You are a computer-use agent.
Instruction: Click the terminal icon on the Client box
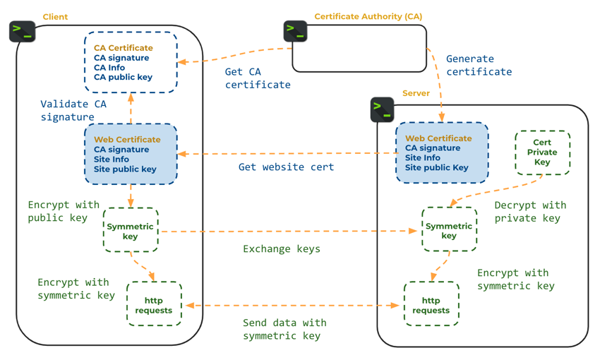click(22, 31)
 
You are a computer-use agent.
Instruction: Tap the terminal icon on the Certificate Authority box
click(295, 31)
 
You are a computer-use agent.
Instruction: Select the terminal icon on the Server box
click(382, 109)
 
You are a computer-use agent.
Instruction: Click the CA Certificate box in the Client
click(131, 62)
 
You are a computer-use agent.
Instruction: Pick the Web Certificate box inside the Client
click(131, 154)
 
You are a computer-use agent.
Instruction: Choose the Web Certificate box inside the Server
click(442, 152)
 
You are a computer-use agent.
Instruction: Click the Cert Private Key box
click(542, 152)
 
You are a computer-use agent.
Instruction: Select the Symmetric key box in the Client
click(131, 230)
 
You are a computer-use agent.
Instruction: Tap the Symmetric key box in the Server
click(449, 230)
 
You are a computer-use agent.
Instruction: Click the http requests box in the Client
click(154, 304)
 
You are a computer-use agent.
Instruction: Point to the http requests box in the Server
click(431, 304)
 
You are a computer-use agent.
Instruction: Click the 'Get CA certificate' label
click(258, 78)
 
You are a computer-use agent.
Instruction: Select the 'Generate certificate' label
click(479, 65)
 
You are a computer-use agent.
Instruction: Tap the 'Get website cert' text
click(286, 167)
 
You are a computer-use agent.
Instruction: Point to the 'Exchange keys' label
click(282, 249)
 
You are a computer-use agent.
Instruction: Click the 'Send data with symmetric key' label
click(284, 330)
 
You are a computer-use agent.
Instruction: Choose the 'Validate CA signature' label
click(73, 110)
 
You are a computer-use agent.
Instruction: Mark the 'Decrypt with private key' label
click(529, 212)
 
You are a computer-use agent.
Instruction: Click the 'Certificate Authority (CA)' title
click(368, 16)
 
